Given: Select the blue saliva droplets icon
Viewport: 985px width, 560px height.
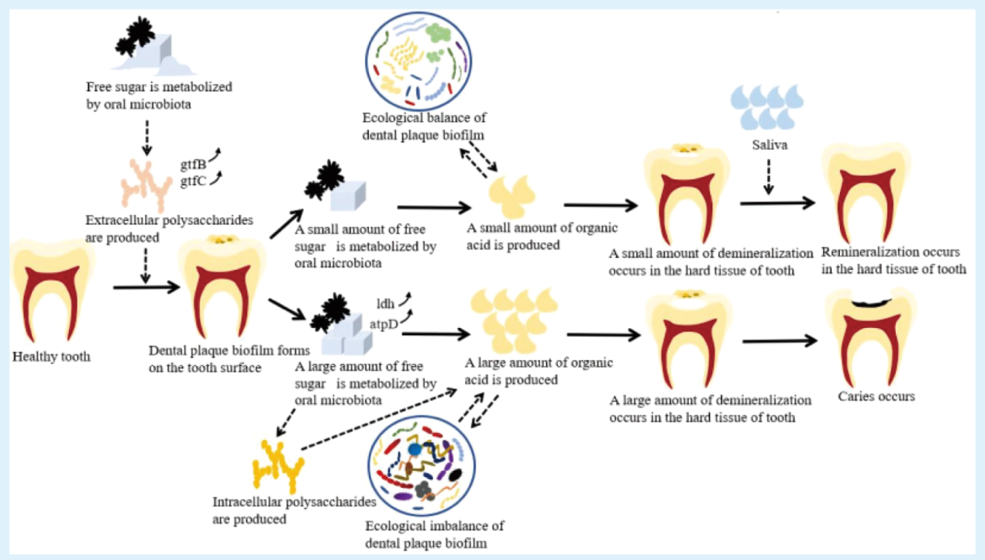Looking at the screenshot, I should [x=767, y=106].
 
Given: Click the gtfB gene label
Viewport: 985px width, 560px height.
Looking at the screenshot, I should [x=193, y=164].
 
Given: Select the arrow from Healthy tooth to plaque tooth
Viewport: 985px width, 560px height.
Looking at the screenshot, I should [x=144, y=288].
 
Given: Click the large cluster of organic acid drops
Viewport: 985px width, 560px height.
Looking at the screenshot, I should [x=514, y=320].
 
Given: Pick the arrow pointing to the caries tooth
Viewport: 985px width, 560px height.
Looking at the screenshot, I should [x=779, y=340].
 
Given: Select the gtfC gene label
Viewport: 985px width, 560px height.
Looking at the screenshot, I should [x=193, y=181].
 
